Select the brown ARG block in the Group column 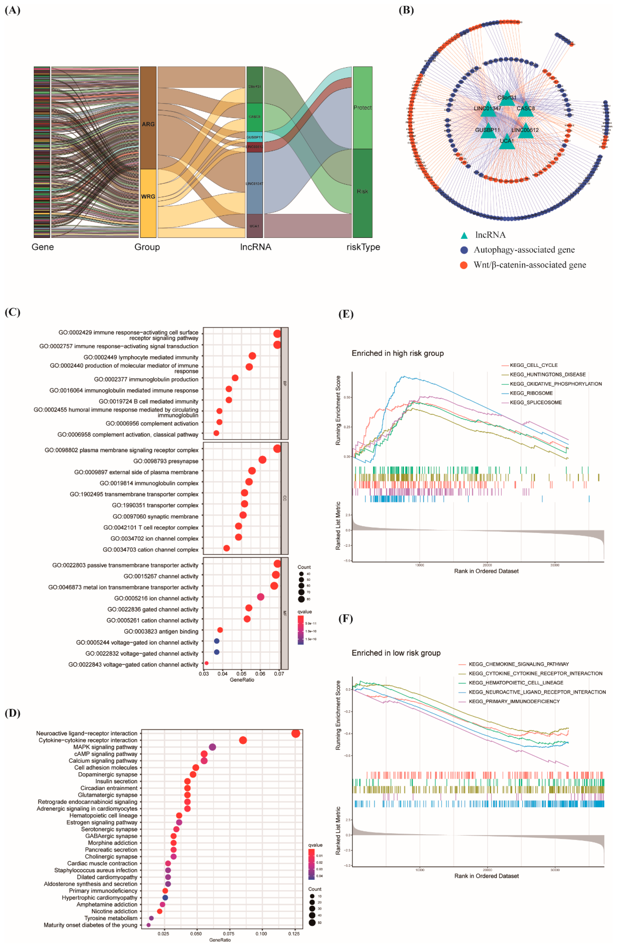[148, 118]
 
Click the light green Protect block [362, 108]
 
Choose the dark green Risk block [362, 193]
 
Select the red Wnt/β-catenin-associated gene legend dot [464, 265]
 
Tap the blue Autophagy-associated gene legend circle [464, 250]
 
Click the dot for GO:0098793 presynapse [262, 460]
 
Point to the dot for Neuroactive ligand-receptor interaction [296, 733]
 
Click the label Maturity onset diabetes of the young [91, 925]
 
